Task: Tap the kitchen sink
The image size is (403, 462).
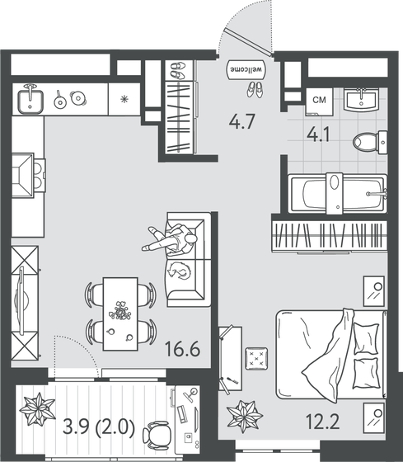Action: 30,100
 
